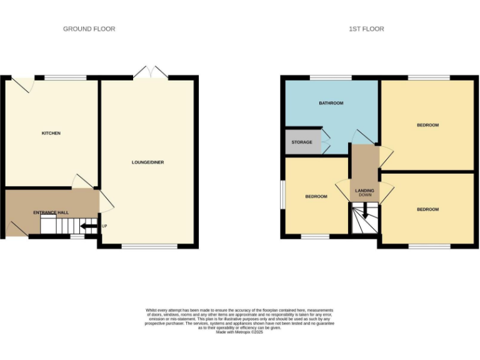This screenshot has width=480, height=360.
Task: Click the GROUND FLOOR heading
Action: [x=89, y=29]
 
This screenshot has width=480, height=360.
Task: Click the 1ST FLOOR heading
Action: [x=366, y=29]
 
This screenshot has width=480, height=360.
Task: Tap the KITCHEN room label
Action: [x=51, y=133]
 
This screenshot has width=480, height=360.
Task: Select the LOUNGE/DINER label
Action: [x=147, y=162]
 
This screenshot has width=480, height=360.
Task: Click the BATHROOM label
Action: [x=331, y=103]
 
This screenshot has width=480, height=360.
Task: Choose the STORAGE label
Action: [x=302, y=142]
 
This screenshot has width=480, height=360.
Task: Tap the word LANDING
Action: [x=364, y=191]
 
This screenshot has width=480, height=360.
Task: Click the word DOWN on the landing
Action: [x=364, y=195]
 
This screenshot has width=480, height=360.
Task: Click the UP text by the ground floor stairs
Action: [x=104, y=226]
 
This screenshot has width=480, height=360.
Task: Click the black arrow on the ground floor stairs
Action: [x=88, y=226]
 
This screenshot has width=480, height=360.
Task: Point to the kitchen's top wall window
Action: [x=65, y=77]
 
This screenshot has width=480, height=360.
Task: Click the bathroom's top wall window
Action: [x=331, y=77]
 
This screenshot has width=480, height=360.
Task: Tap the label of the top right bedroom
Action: [x=427, y=125]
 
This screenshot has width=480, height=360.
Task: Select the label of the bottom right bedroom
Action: [x=427, y=209]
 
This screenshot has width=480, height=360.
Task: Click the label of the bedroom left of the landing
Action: [x=316, y=196]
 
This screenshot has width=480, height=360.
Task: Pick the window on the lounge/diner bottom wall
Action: [x=149, y=246]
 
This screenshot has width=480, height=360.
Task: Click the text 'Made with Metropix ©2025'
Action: [x=239, y=332]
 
